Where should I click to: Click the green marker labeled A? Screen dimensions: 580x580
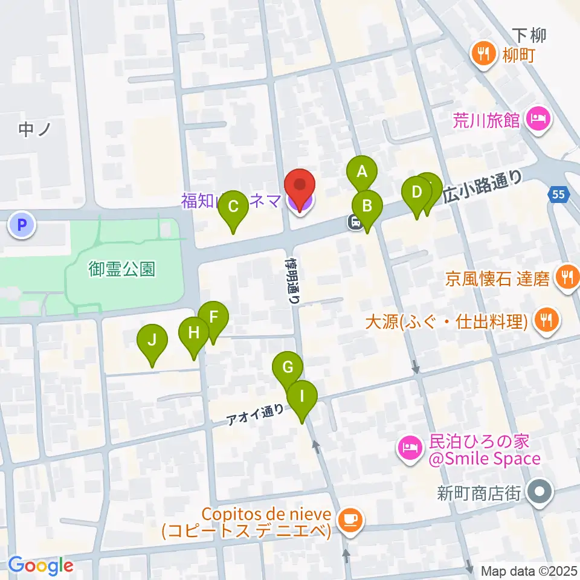(361, 172)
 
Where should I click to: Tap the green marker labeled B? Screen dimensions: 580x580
(367, 206)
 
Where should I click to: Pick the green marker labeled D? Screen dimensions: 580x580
(417, 193)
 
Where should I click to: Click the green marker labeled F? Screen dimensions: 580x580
(213, 317)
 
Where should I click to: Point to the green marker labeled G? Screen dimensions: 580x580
(288, 367)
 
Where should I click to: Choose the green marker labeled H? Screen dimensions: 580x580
(193, 333)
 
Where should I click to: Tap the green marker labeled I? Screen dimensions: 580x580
(302, 397)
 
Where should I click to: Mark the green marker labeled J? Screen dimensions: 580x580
(152, 340)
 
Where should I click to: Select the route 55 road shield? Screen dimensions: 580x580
(560, 195)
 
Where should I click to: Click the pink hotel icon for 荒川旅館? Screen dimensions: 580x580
(536, 120)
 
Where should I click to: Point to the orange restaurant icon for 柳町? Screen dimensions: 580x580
(482, 55)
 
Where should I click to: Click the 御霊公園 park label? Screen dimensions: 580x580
(122, 268)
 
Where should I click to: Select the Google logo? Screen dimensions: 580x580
(40, 565)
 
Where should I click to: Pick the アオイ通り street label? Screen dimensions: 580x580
(255, 414)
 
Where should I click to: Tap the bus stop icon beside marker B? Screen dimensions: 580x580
(355, 222)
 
